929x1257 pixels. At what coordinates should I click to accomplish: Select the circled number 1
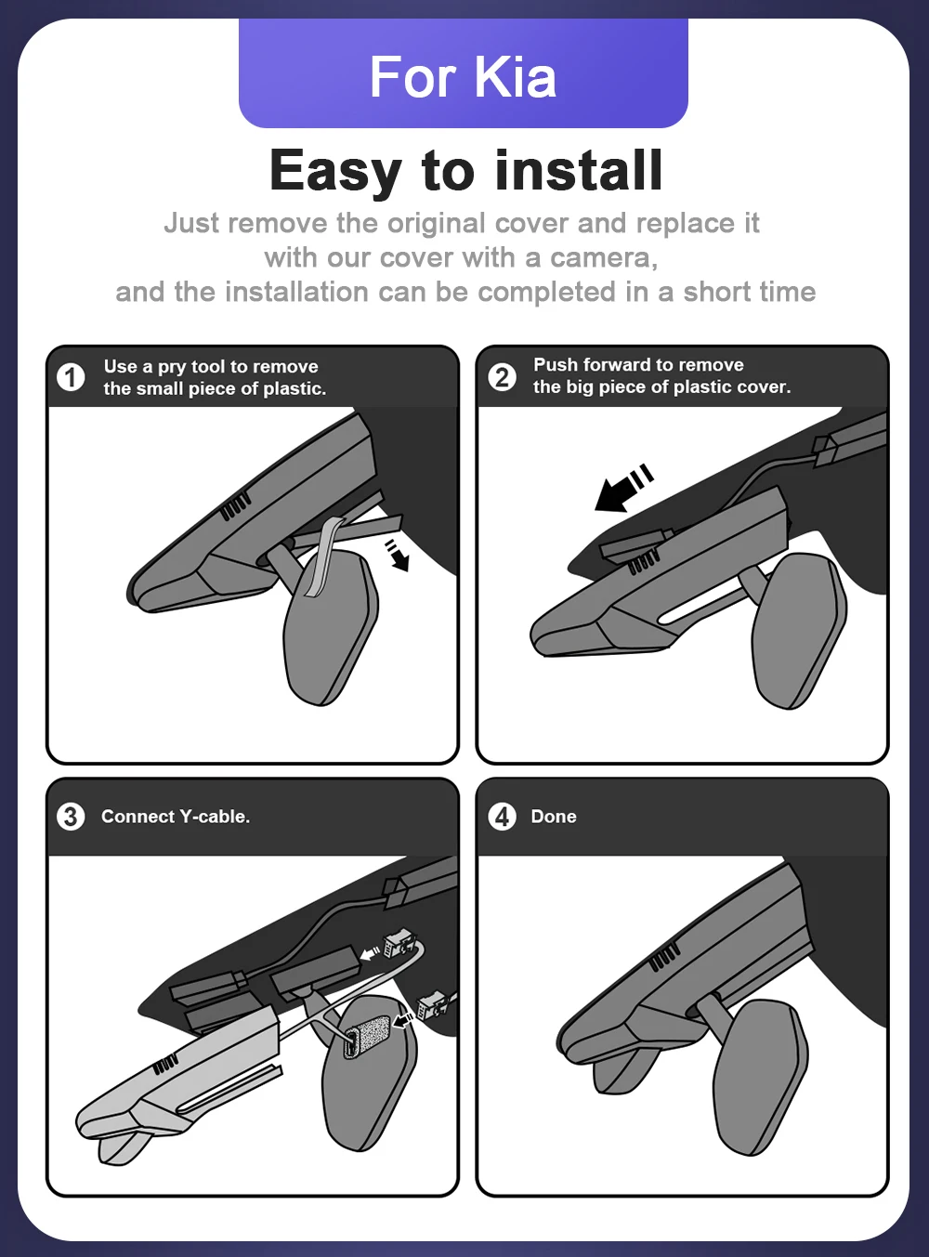[71, 377]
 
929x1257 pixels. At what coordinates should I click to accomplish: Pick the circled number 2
[502, 376]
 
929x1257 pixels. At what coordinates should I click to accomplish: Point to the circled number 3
[71, 817]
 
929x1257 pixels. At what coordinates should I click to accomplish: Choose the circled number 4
[502, 817]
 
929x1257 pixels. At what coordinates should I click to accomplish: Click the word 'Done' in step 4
[554, 817]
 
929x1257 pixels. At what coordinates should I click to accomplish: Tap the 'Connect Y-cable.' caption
[176, 817]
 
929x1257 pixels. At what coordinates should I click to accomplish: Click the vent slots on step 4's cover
[664, 958]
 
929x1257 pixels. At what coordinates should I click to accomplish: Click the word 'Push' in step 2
[555, 365]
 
